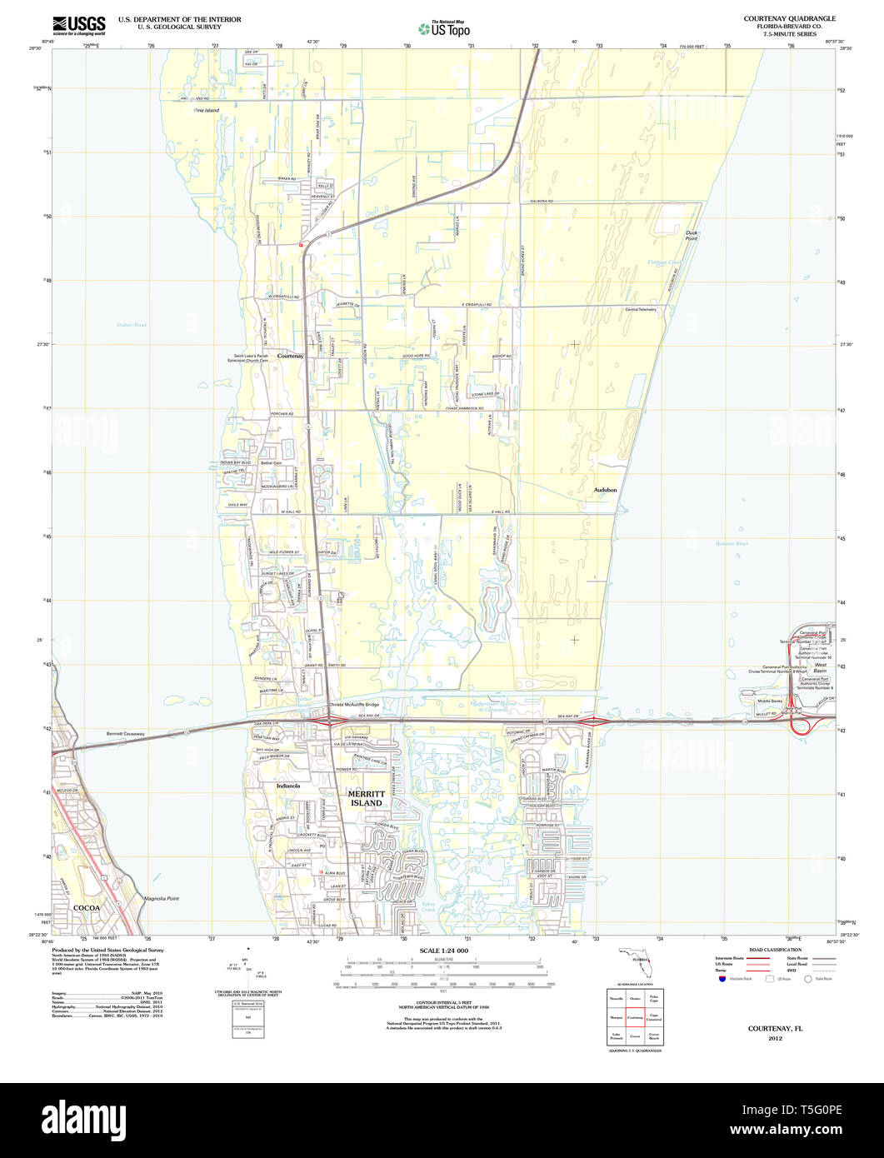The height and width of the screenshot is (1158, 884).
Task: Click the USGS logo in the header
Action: tap(80, 26)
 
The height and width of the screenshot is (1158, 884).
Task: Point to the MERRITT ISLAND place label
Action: tap(366, 798)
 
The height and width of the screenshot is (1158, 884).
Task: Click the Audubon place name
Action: tap(606, 490)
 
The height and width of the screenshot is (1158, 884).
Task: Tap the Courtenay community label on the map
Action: tap(290, 356)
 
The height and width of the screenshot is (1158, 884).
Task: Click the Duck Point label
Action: tap(691, 235)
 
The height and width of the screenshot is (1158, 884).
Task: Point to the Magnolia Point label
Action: tap(162, 899)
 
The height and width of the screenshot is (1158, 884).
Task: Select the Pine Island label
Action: tap(206, 110)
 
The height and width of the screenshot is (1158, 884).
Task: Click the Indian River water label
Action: tap(132, 325)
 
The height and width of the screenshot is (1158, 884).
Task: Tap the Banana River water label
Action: tap(732, 544)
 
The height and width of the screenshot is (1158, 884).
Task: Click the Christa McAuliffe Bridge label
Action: tap(353, 705)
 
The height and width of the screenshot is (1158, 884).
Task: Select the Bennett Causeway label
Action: tap(125, 734)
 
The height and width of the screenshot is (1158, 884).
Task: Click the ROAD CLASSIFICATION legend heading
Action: tap(775, 950)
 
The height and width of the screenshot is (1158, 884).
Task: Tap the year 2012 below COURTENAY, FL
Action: tap(775, 1039)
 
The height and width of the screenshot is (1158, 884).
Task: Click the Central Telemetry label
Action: tap(641, 309)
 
